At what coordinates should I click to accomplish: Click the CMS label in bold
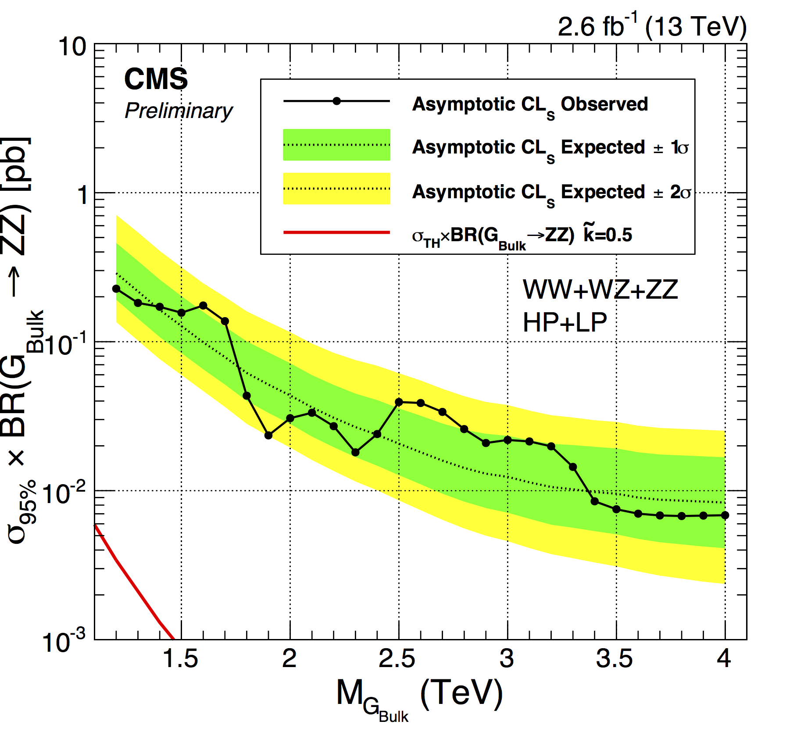point(156,79)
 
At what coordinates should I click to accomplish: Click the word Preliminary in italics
point(179,111)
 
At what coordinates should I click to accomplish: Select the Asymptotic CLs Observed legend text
point(530,105)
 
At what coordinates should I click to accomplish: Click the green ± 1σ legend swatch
point(336,145)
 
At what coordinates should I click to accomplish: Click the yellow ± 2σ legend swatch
point(336,189)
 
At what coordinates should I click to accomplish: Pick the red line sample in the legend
point(336,232)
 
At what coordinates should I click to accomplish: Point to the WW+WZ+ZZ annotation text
point(600,289)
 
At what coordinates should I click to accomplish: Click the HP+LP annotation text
point(564,323)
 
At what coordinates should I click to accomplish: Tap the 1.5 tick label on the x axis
point(180,659)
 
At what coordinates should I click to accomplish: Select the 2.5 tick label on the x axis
point(397,659)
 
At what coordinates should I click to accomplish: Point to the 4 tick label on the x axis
point(724,659)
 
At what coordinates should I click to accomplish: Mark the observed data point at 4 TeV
point(725,515)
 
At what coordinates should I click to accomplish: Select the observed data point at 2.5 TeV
point(399,402)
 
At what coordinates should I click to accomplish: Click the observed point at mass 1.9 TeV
point(268,436)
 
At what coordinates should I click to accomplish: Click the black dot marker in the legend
point(336,101)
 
